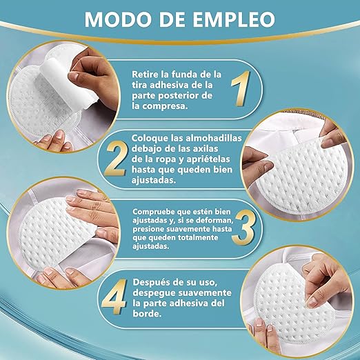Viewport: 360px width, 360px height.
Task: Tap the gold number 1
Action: click(241, 88)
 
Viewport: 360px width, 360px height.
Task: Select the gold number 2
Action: click(116, 159)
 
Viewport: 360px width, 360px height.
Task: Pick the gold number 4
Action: click(114, 297)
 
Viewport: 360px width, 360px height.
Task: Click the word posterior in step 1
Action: click(178, 96)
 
